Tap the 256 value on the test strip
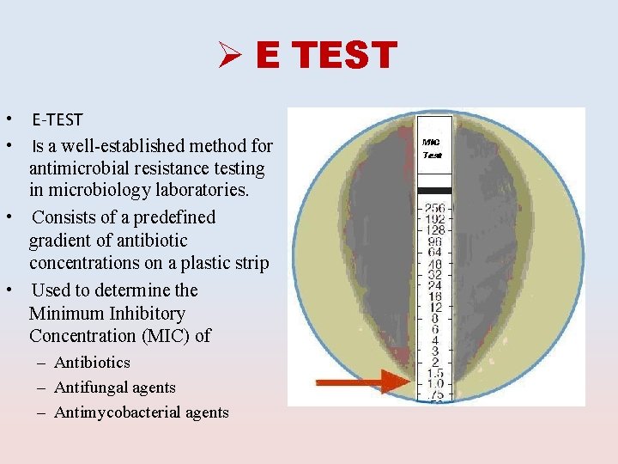coord(433,208)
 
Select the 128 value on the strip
coord(433,230)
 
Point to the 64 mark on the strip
coord(433,252)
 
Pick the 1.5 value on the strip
coord(434,373)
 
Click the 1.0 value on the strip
coord(434,383)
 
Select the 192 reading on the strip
coord(433,219)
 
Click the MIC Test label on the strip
coord(433,149)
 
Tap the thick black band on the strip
coord(433,188)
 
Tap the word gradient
coord(61,241)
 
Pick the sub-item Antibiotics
coord(92,363)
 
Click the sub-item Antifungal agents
coord(115,388)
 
